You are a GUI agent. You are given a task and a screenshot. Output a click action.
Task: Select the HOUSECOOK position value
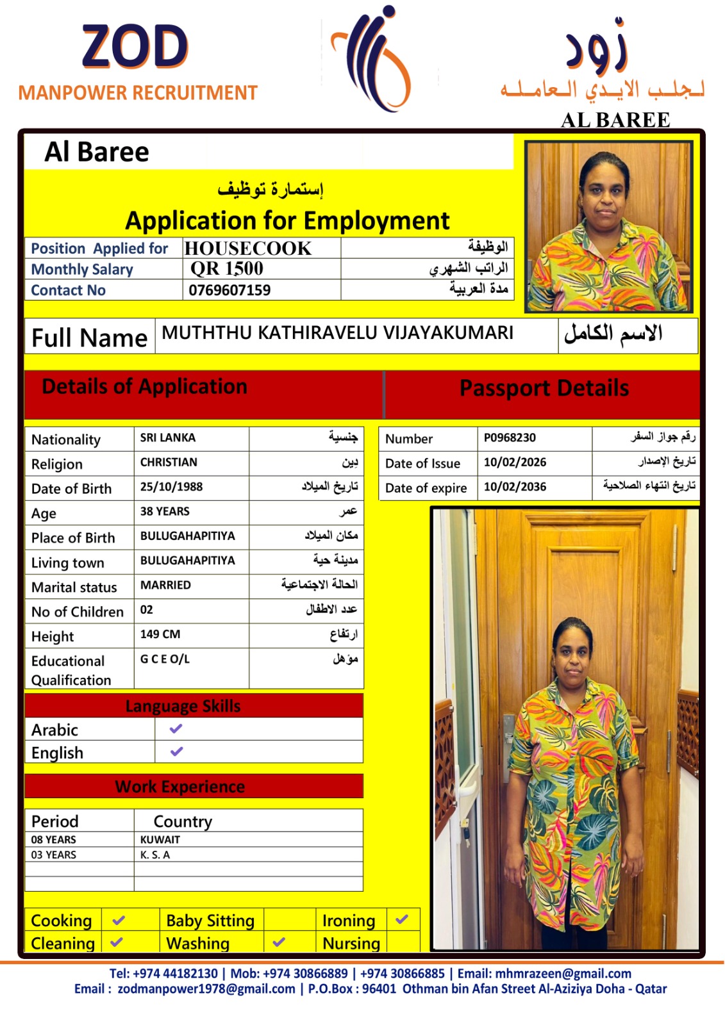pos(248,249)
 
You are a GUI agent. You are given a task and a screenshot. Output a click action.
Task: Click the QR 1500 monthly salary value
pos(227,269)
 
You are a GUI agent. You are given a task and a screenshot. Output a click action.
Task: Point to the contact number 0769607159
pos(229,290)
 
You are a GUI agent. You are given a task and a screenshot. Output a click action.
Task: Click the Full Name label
pos(90,338)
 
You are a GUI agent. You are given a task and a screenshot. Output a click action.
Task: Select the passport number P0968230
pos(510,438)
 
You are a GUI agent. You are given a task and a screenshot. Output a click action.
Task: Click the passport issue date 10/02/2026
pos(515,462)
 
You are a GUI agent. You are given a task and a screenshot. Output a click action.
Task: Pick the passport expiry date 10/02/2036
pos(515,487)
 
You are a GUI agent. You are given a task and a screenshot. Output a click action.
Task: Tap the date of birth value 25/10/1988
pos(171,487)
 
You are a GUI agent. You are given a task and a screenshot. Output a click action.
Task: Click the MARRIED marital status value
pos(165,585)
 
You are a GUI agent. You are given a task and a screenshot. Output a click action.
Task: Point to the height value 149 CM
pos(160,634)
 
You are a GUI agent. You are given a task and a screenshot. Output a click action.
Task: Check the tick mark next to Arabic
pos(176,729)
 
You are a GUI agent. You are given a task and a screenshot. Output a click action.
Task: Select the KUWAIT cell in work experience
pos(160,839)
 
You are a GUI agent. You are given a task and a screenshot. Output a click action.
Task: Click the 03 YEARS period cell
pos(54,855)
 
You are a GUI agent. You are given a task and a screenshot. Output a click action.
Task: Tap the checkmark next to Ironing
pos(402,919)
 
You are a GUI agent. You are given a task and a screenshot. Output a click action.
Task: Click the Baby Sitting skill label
pos(210,921)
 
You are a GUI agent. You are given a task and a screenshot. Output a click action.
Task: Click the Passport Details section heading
pos(544,388)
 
